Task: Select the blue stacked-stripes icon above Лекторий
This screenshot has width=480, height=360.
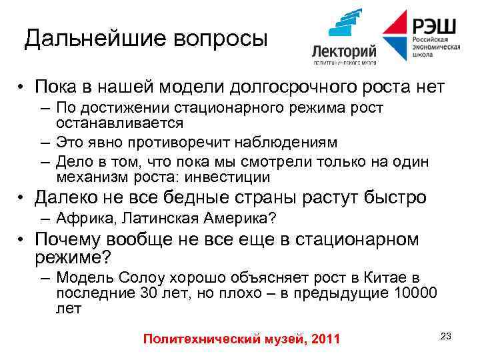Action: [345, 25]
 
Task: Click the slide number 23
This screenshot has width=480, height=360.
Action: [446, 336]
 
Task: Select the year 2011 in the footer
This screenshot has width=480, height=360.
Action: [325, 340]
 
